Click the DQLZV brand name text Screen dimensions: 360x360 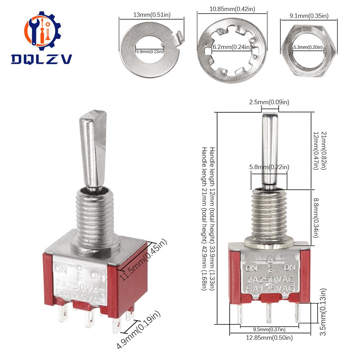point(42,58)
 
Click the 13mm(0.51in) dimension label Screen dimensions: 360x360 point(150,15)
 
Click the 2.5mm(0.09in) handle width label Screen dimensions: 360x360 point(270,102)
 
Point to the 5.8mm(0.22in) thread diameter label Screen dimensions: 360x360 point(269,167)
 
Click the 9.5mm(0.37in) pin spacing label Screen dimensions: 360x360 point(264,329)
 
